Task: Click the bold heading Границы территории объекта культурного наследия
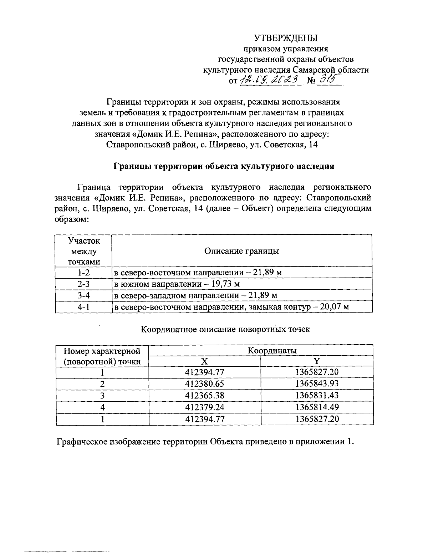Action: pyautogui.click(x=224, y=167)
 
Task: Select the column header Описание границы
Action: pyautogui.click(x=241, y=251)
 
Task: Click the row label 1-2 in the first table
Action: pyautogui.click(x=83, y=273)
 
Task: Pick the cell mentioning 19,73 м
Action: pyautogui.click(x=177, y=284)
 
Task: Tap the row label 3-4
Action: pyautogui.click(x=83, y=296)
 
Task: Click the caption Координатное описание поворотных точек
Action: pyautogui.click(x=225, y=329)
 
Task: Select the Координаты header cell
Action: pyautogui.click(x=272, y=351)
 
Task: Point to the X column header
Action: pyautogui.click(x=204, y=361)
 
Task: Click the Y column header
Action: pyautogui.click(x=317, y=361)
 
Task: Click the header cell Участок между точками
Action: pyautogui.click(x=83, y=251)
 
